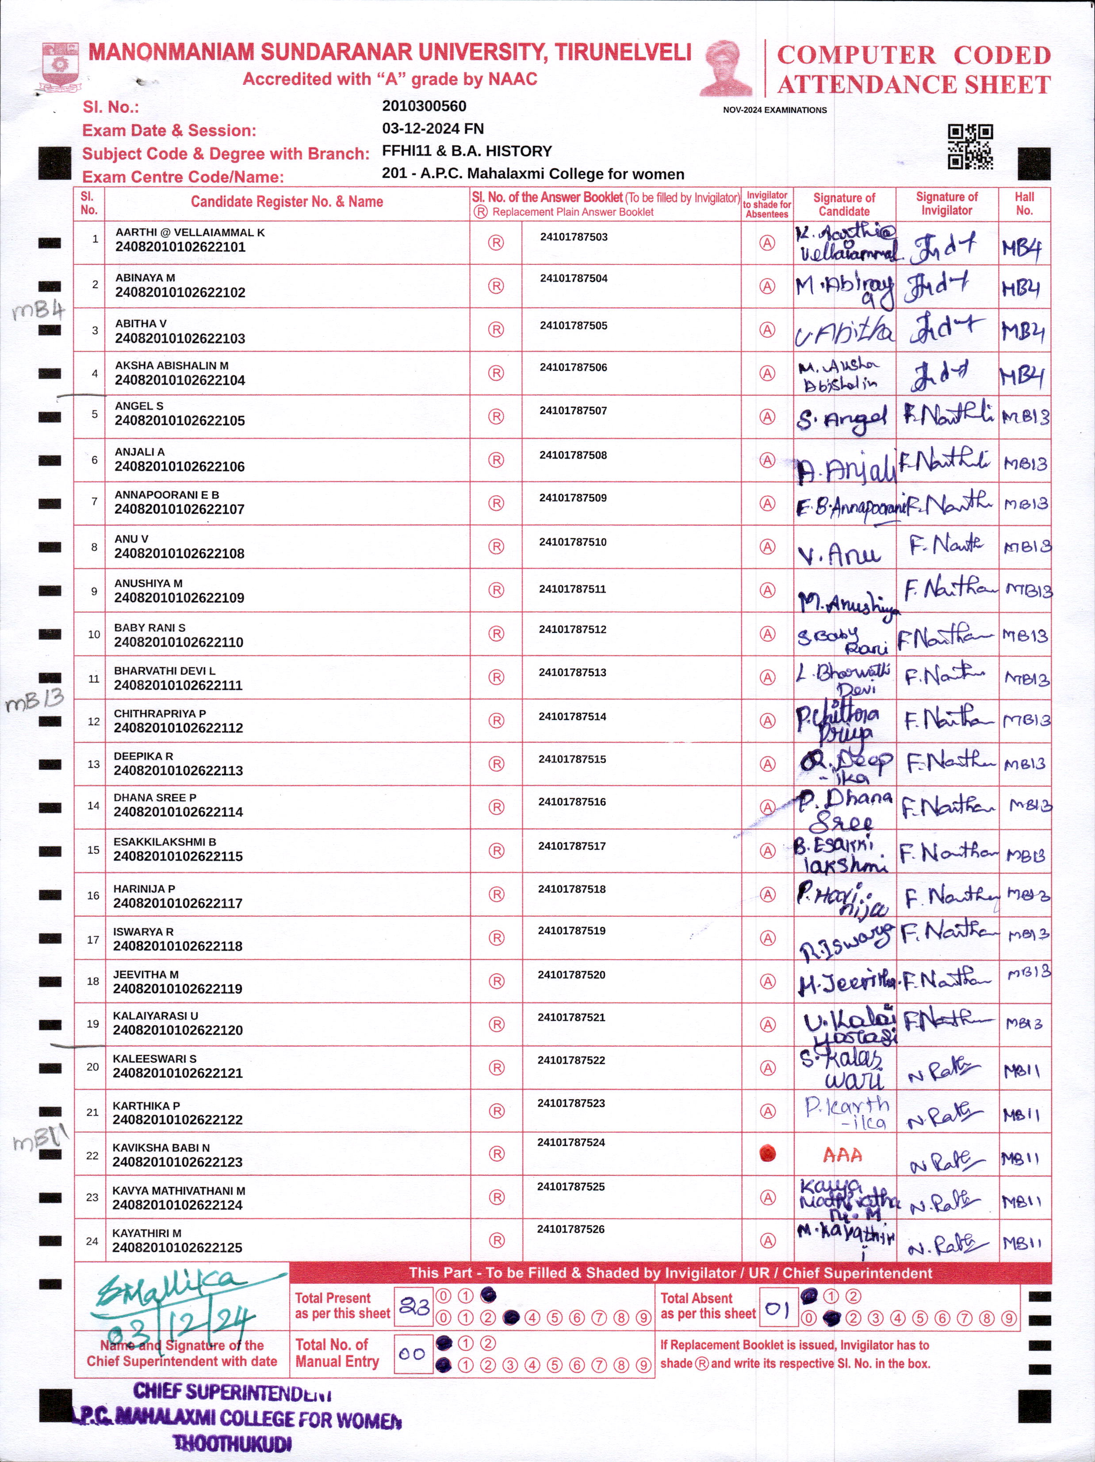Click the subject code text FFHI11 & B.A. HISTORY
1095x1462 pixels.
[467, 151]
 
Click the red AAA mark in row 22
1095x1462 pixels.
[842, 1155]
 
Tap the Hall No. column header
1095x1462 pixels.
[1024, 203]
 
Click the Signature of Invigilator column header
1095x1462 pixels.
[946, 203]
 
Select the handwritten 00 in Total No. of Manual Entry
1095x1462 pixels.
[412, 1354]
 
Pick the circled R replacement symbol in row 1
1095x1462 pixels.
[496, 243]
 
